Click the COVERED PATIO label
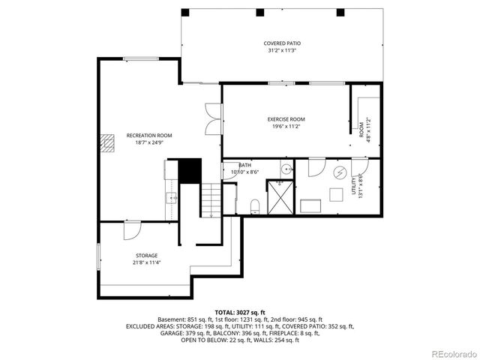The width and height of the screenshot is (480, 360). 280,43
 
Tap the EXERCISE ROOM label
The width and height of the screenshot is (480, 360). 286,119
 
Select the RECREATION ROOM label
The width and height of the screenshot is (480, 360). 149,135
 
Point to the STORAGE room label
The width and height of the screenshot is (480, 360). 146,256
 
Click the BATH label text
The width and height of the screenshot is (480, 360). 245,165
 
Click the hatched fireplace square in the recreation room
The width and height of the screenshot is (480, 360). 111,142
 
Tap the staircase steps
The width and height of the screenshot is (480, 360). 211,200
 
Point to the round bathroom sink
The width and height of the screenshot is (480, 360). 284,167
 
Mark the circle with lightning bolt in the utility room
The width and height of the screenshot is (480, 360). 340,173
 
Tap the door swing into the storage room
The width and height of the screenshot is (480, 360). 132,229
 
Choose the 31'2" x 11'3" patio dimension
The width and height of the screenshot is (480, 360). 280,51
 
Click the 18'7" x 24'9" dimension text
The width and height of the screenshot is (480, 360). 149,142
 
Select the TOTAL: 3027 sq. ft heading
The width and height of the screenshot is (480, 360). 240,312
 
